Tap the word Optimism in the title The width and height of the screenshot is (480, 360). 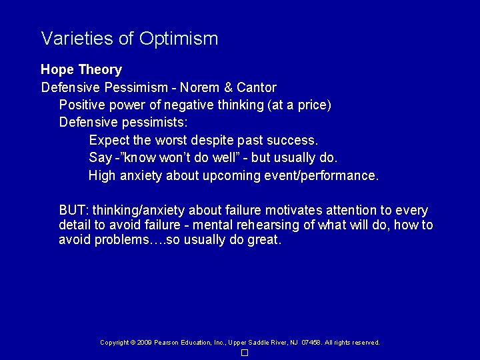(179, 39)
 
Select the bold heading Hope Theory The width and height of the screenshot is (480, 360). (81, 69)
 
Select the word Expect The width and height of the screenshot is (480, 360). (109, 141)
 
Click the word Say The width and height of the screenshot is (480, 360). (99, 158)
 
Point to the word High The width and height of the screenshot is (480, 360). (102, 176)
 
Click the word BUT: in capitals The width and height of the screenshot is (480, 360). (74, 211)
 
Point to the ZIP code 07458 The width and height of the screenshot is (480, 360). (311, 343)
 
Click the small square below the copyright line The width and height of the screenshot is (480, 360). (245, 352)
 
